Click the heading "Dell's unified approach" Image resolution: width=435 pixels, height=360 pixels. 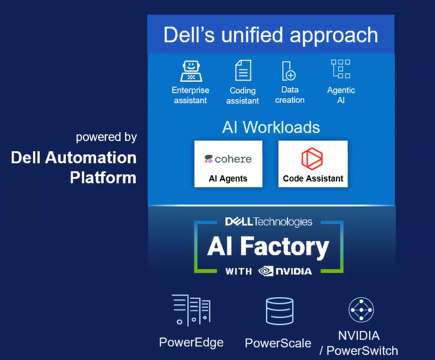271,34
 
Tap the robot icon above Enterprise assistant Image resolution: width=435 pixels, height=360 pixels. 190,71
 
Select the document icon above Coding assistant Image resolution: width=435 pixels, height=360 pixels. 242,71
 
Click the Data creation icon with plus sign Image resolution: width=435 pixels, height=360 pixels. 289,71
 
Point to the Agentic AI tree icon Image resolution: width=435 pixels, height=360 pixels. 341,70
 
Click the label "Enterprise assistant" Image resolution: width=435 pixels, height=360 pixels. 190,95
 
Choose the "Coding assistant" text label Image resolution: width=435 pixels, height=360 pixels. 242,96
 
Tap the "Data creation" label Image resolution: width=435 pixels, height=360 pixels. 290,95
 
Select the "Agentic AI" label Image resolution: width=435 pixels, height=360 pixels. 341,95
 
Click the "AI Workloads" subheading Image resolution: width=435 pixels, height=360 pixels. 271,127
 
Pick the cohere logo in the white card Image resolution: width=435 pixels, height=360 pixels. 228,159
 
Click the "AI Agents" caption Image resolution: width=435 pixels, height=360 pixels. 228,179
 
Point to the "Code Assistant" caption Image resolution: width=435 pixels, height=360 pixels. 313,179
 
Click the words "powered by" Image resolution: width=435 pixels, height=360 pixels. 106,137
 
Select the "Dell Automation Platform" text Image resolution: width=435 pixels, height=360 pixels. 74,167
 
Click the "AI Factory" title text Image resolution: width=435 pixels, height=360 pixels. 268,247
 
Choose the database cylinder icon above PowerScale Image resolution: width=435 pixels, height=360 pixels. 279,311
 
